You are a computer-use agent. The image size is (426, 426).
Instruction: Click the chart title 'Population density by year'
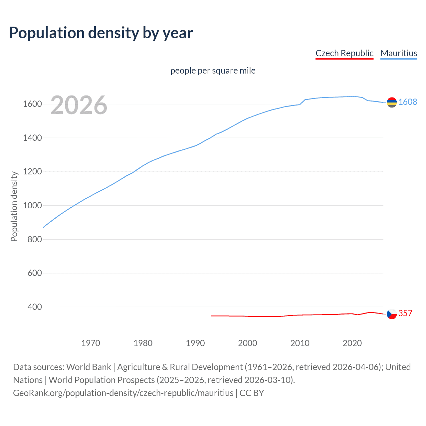(101, 33)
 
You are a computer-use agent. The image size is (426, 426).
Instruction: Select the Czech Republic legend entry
(344, 53)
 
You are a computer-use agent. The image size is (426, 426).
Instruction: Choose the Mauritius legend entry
(398, 53)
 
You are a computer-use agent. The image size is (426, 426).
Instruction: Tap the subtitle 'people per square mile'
(213, 71)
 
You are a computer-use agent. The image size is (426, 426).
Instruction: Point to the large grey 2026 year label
(79, 105)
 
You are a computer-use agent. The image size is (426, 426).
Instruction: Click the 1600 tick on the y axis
(32, 104)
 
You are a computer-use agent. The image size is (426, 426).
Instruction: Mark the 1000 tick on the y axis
(32, 205)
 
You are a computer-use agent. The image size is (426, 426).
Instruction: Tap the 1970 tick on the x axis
(91, 343)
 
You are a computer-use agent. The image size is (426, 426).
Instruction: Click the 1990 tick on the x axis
(195, 343)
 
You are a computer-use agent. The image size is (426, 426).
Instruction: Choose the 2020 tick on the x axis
(352, 343)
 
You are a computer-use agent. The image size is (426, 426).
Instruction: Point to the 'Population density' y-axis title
(14, 206)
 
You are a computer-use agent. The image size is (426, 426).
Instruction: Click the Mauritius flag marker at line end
(392, 103)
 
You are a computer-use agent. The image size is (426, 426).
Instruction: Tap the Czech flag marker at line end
(392, 314)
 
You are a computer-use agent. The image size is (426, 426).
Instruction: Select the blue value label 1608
(407, 102)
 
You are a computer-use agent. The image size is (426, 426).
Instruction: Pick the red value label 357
(405, 313)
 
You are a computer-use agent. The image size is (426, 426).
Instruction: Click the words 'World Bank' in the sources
(89, 367)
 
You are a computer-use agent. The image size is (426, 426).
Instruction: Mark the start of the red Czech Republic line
(211, 316)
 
